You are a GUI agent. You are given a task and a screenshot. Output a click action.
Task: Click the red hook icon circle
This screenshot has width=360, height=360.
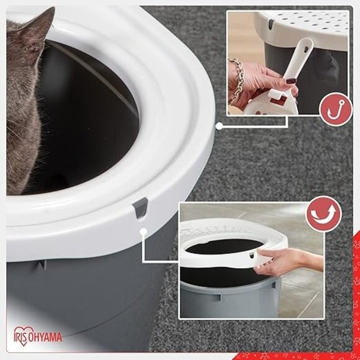click(336, 109)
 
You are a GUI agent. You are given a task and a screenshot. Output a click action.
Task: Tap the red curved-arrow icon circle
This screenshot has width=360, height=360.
click(324, 214)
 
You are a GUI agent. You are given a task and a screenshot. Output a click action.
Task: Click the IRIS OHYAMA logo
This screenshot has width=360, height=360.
click(37, 336)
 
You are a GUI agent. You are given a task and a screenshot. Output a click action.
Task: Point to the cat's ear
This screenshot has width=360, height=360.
click(39, 27)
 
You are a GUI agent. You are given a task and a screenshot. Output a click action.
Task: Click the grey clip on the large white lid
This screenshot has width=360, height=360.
click(140, 207)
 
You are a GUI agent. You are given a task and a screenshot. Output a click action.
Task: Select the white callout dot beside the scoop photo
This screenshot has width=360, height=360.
click(219, 126)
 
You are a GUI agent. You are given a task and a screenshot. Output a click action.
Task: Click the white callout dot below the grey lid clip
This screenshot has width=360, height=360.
click(143, 232)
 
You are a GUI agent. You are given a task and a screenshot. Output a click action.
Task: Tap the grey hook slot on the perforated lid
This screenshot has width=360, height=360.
click(271, 25)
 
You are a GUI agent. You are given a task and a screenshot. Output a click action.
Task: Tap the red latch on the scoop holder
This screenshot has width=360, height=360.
click(279, 99)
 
